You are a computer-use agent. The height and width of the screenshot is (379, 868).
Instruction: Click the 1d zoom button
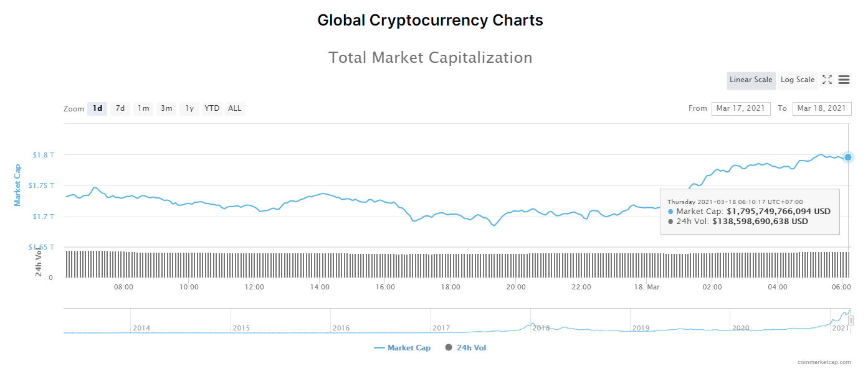[x=97, y=108]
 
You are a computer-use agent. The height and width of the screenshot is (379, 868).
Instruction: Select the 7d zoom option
[x=120, y=108]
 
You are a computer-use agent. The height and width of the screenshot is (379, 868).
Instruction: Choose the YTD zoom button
[x=212, y=108]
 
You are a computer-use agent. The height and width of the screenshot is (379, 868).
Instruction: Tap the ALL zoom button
[x=234, y=108]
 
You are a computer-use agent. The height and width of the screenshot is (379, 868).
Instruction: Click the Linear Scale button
[x=751, y=80]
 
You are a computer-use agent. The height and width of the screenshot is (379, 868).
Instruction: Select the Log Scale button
[x=798, y=80]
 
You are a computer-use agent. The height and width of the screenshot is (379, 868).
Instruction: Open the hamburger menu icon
[x=844, y=80]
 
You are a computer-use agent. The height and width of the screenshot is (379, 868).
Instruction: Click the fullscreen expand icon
[x=827, y=80]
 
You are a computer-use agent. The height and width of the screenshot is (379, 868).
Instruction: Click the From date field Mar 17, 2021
[x=740, y=108]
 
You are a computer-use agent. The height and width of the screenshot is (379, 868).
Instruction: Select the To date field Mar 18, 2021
[x=821, y=108]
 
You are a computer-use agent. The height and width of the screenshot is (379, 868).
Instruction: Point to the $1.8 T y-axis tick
[x=44, y=154]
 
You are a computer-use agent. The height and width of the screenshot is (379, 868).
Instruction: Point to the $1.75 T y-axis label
[x=42, y=185]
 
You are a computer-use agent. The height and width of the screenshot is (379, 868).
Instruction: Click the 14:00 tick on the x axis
[x=320, y=287]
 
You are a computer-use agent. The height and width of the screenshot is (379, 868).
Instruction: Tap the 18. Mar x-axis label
[x=647, y=287]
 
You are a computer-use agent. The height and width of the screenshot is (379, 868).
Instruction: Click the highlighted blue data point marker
[x=848, y=157]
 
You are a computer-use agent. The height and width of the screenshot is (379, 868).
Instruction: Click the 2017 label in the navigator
[x=441, y=328]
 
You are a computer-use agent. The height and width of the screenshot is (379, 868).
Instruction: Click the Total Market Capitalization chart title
[x=430, y=58]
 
